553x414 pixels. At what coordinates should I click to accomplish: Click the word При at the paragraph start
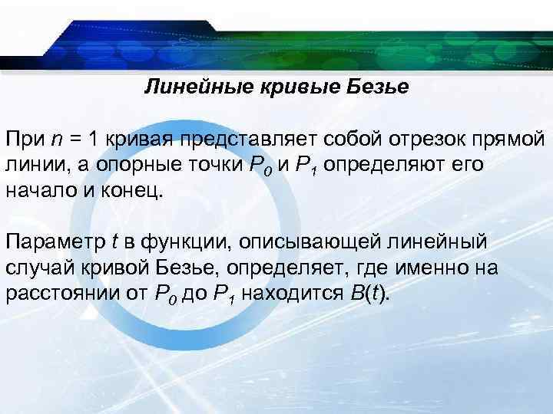pyautogui.click(x=25, y=141)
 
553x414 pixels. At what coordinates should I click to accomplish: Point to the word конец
pyautogui.click(x=136, y=190)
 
